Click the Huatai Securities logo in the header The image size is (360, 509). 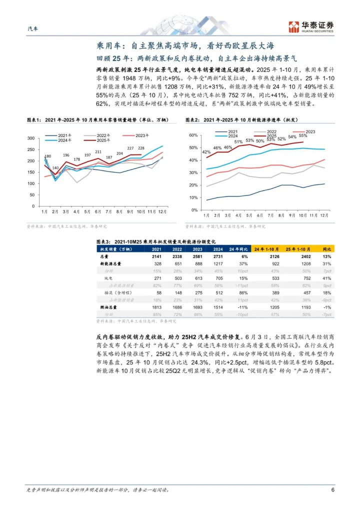pos(310,26)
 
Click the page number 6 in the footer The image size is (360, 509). pos(332,489)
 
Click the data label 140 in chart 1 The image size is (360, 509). pos(55,168)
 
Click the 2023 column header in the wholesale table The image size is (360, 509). pos(198,248)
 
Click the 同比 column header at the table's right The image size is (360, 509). pos(326,248)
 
